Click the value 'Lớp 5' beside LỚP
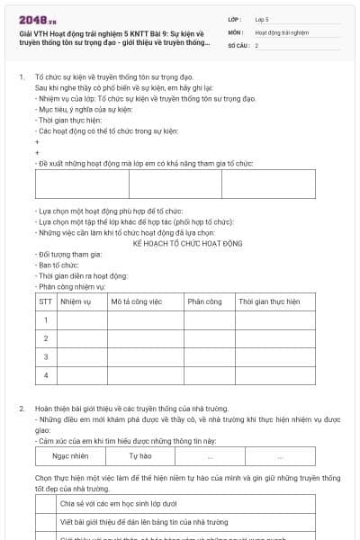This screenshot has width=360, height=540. [x=263, y=18]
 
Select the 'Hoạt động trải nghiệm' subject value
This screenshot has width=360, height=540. [x=282, y=31]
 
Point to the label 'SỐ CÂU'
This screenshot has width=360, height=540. [x=238, y=45]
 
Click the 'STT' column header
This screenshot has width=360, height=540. [x=45, y=301]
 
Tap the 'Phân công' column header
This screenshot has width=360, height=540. [x=204, y=301]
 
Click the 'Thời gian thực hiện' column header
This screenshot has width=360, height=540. [x=269, y=301]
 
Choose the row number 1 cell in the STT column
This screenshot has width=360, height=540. [x=45, y=319]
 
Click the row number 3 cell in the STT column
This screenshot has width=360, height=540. [x=45, y=356]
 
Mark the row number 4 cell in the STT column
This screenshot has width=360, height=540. [x=45, y=374]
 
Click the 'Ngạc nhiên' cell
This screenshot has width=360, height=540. [x=71, y=456]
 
